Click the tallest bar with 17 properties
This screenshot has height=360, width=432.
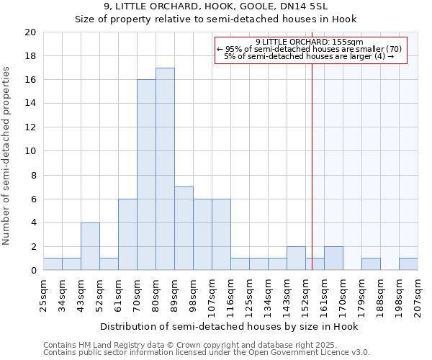pyautogui.click(x=165, y=169)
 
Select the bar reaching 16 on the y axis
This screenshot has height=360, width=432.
pyautogui.click(x=146, y=175)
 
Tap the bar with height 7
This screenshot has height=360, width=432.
pyautogui.click(x=184, y=228)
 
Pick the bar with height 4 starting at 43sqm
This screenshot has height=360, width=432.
pyautogui.click(x=90, y=246)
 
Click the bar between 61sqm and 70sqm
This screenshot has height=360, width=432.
pyautogui.click(x=127, y=235)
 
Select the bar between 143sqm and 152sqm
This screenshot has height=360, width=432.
pyautogui.click(x=296, y=258)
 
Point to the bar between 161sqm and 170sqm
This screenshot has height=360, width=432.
pyautogui.click(x=333, y=258)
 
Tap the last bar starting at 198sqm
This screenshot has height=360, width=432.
pyautogui.click(x=408, y=264)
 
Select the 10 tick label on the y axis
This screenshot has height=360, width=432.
pyautogui.click(x=30, y=151)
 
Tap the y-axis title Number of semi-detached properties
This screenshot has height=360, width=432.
pyautogui.click(x=6, y=156)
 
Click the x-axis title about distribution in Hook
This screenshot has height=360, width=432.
pyautogui.click(x=228, y=326)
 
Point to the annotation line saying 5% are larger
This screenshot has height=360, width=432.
pyautogui.click(x=309, y=56)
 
